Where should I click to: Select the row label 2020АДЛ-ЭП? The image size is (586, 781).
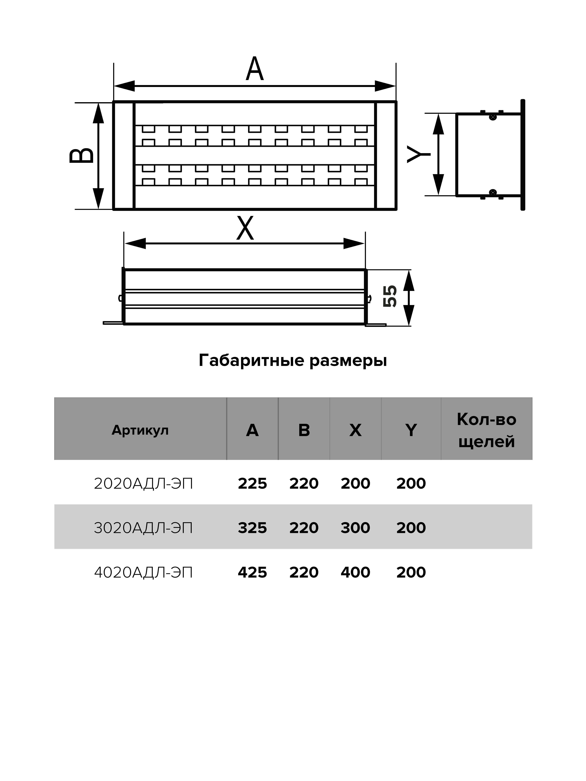[143, 483]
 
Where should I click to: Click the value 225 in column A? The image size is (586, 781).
[252, 483]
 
